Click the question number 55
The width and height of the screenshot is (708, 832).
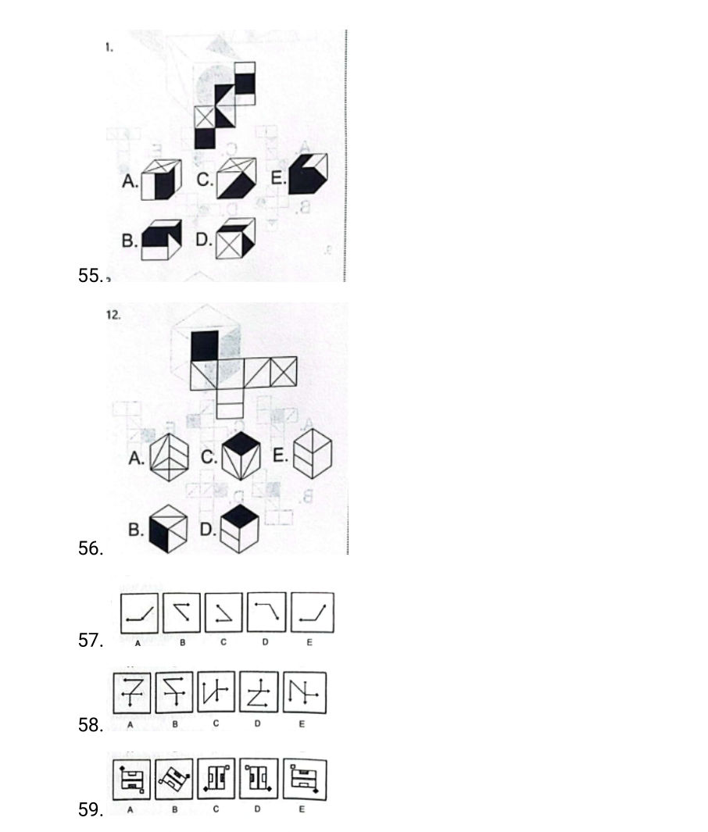91,275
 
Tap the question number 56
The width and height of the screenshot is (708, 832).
91,549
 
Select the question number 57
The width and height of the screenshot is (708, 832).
91,641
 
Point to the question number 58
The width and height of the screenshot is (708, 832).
91,726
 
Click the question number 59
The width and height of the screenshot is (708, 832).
91,810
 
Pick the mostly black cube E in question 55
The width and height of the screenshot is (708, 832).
308,173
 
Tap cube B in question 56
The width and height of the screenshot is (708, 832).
169,529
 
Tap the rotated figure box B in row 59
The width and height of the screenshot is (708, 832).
176,779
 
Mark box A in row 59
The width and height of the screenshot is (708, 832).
133,779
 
